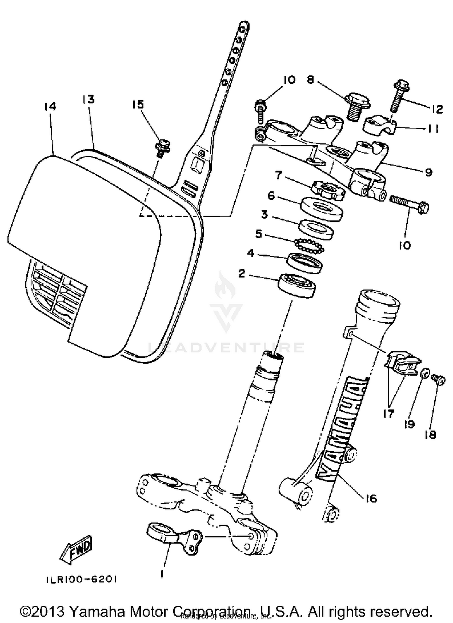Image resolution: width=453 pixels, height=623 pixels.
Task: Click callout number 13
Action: tap(88, 100)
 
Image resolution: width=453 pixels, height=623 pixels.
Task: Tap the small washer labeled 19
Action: tap(425, 374)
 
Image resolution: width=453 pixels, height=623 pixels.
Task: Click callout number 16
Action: tap(371, 498)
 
